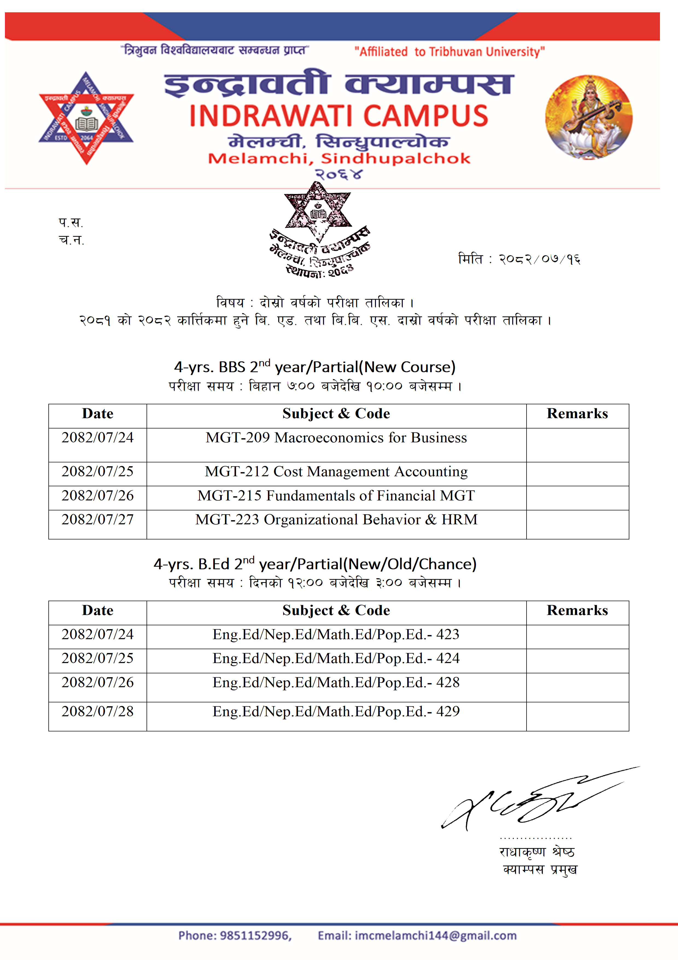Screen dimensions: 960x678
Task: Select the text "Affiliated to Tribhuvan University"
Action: [x=449, y=52]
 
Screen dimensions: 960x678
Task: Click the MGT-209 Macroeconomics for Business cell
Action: [x=336, y=438]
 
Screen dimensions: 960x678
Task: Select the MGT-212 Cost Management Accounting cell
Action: [x=336, y=472]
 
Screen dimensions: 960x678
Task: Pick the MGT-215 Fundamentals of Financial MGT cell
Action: [x=336, y=496]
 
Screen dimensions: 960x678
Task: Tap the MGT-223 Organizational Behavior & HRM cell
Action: [x=336, y=520]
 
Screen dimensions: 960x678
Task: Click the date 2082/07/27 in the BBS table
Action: [x=97, y=520]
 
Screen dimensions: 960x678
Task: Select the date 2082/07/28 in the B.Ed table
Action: [x=97, y=712]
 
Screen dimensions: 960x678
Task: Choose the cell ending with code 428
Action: [x=336, y=683]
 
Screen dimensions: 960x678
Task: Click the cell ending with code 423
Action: [x=336, y=635]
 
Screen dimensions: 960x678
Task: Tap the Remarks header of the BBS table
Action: [x=577, y=414]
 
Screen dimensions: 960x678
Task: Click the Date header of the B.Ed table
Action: [x=97, y=611]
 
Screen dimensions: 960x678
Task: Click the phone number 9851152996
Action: [x=255, y=936]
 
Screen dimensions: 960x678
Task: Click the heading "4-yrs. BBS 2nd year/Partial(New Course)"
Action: [x=315, y=367]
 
